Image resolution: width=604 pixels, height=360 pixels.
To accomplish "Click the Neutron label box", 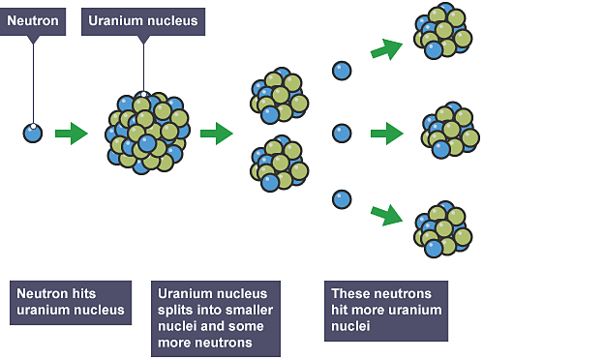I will coord(34,19).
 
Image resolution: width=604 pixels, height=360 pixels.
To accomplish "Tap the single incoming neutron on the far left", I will coord(33,133).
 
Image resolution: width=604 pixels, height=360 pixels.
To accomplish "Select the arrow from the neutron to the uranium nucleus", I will coord(71,133).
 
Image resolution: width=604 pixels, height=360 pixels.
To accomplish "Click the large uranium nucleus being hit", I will coord(146,134).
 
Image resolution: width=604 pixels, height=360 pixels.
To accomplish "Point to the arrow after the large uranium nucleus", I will coord(216,133).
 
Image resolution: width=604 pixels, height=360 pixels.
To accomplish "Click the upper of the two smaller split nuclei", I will coord(279,96).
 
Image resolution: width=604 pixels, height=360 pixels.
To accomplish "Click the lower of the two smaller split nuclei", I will coord(279,165).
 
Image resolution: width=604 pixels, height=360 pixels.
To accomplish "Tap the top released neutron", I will coord(342,71).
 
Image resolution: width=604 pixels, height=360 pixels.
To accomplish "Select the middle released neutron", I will coord(342,134).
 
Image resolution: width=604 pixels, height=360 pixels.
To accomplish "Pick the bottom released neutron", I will coord(342,199).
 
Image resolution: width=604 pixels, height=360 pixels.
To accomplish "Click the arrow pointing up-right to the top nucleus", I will coord(386,48).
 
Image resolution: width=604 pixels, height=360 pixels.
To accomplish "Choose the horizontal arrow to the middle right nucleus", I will coord(387,134).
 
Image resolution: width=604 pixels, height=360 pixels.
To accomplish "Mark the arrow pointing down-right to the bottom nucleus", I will coord(386,214).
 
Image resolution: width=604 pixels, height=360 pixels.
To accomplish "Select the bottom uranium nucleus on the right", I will coord(442,228).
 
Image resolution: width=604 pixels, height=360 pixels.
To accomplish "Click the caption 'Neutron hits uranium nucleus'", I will coord(70,302).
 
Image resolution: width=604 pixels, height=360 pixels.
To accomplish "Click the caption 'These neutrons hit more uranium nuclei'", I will coord(386,310).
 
